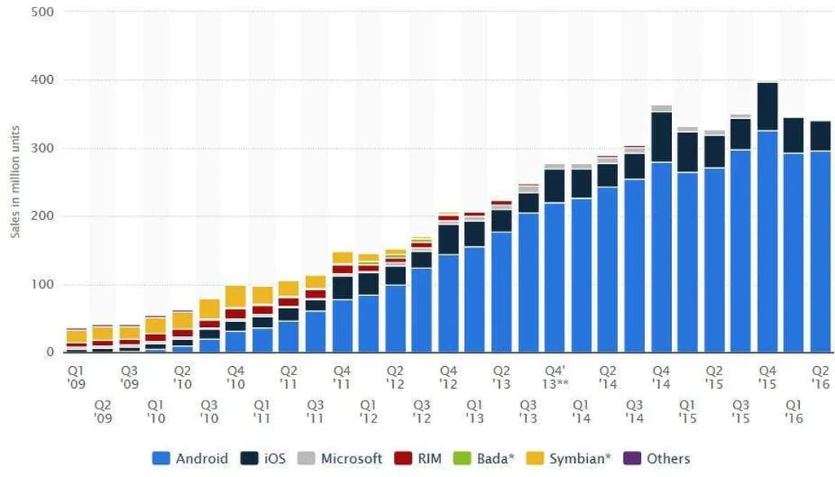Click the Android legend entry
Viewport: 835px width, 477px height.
[190, 458]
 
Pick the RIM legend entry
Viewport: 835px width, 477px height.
[419, 458]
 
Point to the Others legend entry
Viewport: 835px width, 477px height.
[658, 458]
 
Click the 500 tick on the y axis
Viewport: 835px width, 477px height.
[42, 12]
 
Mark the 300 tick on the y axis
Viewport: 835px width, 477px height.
[42, 148]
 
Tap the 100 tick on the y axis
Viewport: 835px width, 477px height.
[42, 285]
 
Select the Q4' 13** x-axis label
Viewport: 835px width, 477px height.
[555, 376]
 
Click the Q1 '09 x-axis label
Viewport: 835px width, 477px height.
[77, 376]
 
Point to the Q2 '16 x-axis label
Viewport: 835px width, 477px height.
[820, 376]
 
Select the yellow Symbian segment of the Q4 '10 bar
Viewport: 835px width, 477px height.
[236, 297]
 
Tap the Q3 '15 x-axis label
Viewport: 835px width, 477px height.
[740, 411]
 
